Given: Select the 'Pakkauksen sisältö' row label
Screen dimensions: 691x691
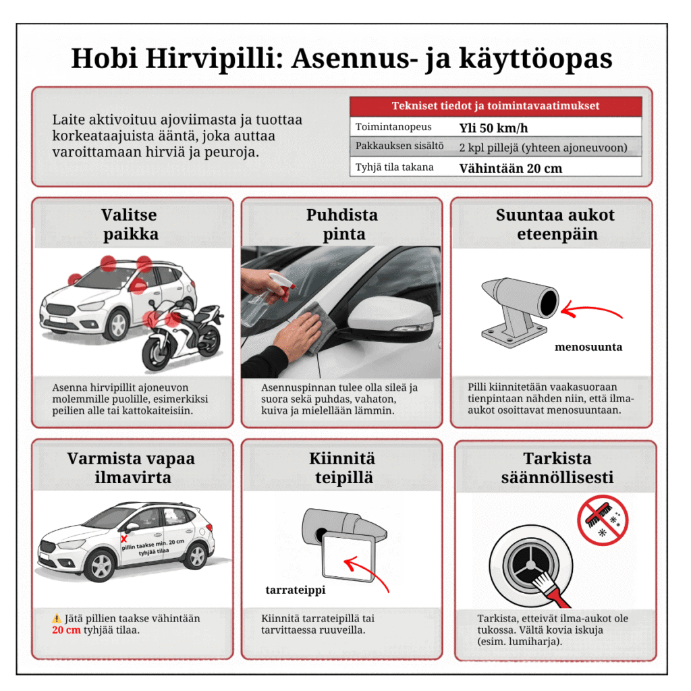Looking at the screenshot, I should [399, 147].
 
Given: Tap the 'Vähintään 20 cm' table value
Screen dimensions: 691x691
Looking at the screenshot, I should [511, 168].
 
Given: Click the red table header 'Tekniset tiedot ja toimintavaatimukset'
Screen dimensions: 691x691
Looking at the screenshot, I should [495, 106].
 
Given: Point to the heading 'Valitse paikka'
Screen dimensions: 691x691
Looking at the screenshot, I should [130, 225].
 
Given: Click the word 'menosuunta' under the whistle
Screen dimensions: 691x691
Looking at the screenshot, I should [588, 348].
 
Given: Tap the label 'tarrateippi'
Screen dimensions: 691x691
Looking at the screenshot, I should [295, 590].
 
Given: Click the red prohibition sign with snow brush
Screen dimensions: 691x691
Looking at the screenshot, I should [603, 520].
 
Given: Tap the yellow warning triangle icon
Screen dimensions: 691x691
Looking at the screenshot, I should [57, 618].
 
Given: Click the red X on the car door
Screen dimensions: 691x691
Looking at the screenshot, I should [124, 538].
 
